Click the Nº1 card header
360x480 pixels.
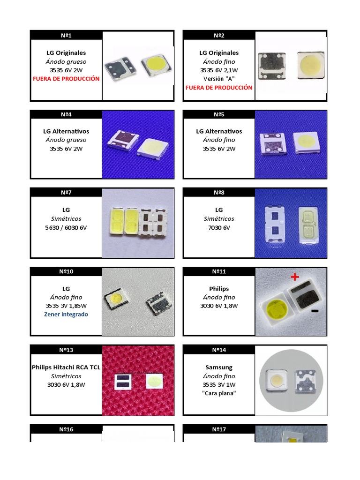pos(66,35)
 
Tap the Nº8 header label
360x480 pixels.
pos(219,192)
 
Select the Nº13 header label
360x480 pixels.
pos(66,350)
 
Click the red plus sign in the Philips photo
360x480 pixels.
pos(294,277)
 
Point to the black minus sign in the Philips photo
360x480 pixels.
pos(315,311)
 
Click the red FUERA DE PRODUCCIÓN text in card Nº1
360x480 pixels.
pos(66,79)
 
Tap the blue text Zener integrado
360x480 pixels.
pos(66,314)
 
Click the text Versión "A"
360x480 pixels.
pos(219,78)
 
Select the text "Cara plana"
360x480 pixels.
pos(219,393)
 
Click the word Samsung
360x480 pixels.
pos(219,367)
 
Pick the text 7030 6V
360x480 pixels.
pos(219,228)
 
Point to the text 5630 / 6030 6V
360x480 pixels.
pos(66,228)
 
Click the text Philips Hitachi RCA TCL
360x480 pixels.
pos(66,367)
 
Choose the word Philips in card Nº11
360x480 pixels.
pos(219,289)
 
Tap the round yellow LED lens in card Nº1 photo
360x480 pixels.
pos(155,62)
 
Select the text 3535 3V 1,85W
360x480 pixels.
pos(66,306)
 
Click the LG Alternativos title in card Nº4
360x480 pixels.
pos(66,131)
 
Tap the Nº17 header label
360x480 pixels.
pos(219,429)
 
